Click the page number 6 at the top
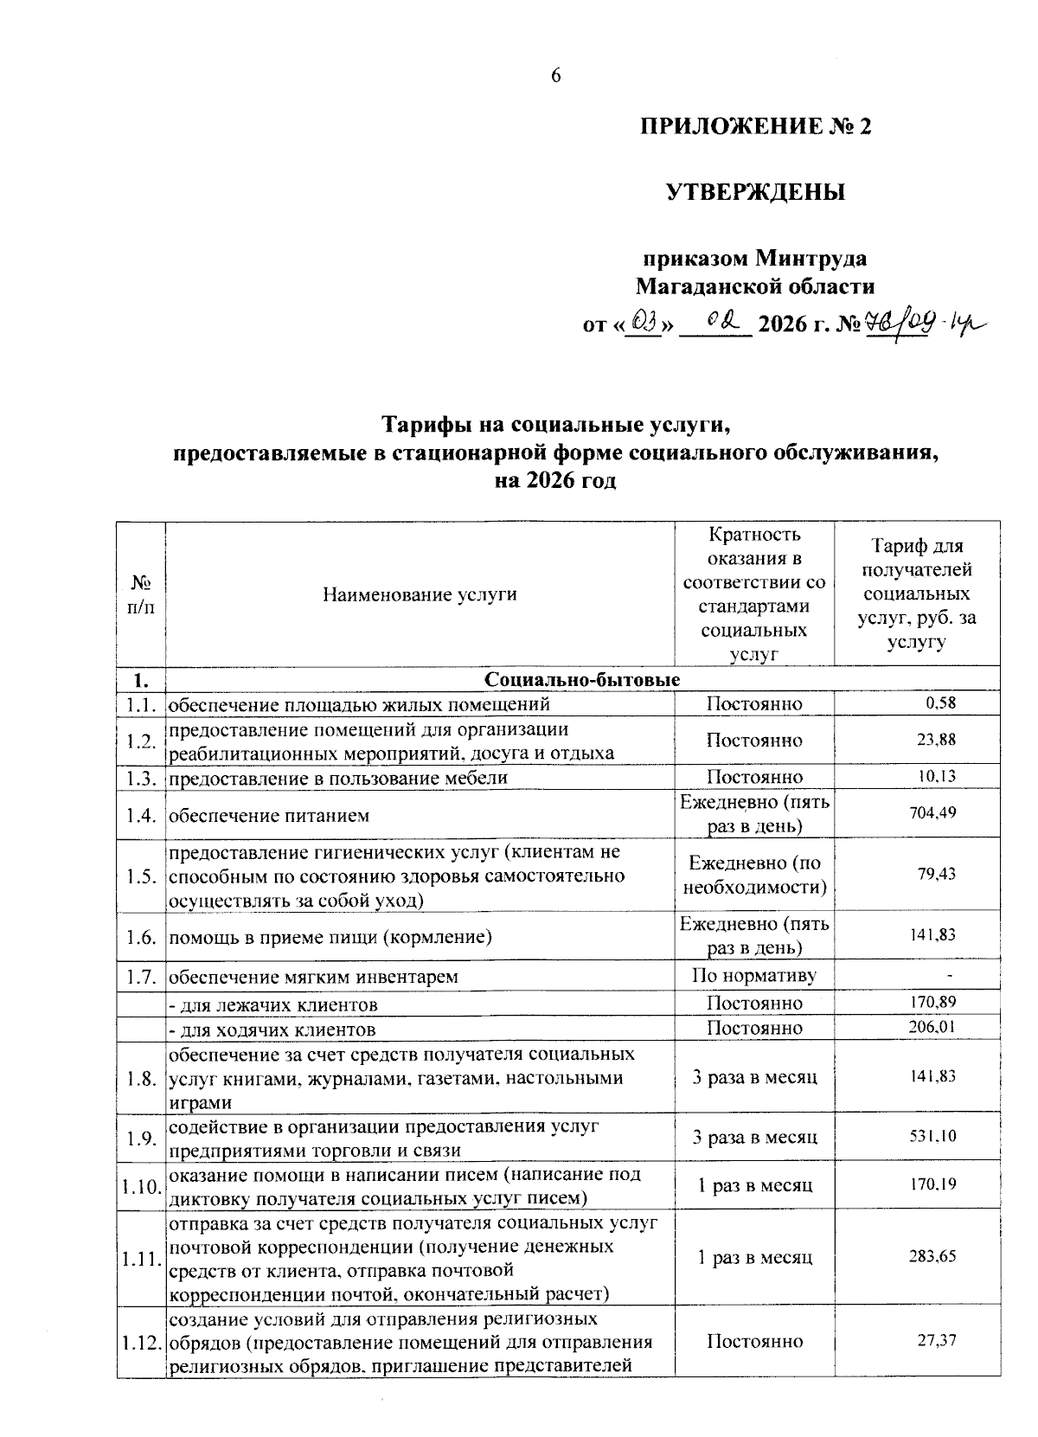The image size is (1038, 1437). click(556, 76)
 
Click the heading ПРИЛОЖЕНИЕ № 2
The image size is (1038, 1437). click(756, 127)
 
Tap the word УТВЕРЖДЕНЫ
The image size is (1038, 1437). click(755, 192)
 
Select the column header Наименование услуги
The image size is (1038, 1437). click(420, 594)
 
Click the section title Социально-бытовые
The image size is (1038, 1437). click(582, 680)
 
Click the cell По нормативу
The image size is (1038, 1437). click(754, 977)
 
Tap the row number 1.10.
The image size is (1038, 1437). click(141, 1185)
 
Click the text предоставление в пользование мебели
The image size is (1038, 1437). click(338, 777)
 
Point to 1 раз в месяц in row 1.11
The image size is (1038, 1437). click(754, 1257)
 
